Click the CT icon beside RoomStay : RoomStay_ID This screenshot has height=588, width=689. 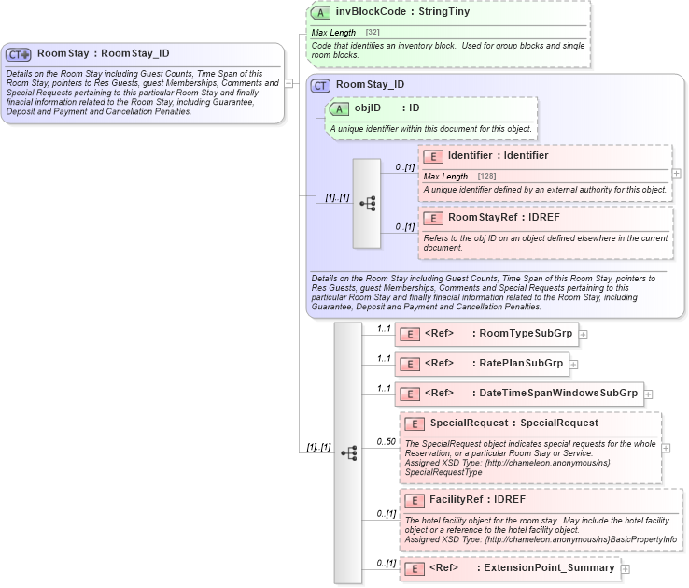coord(19,54)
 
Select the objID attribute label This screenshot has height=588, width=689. coord(368,108)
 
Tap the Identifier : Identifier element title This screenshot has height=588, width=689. coord(498,156)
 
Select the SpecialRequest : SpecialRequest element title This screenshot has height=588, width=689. coord(514,423)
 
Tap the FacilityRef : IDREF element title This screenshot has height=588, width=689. coord(483,500)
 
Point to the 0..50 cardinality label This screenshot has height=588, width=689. coord(386,441)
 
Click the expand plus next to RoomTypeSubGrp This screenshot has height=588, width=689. coord(583,334)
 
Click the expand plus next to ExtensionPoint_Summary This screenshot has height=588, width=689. coord(626,568)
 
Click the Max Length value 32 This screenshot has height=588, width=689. coord(373,33)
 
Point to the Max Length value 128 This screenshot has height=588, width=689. coord(486,176)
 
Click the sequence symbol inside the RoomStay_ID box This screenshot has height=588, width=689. coord(366,202)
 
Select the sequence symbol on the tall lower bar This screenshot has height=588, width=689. coord(348,452)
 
